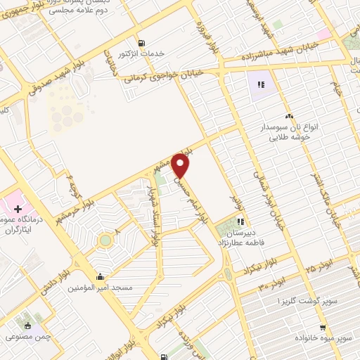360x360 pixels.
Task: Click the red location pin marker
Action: pos(181,166)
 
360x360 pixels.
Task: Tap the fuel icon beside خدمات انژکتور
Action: pos(143,42)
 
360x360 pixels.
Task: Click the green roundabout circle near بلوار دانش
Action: pos(105,240)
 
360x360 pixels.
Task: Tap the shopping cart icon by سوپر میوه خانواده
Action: pos(322,328)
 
